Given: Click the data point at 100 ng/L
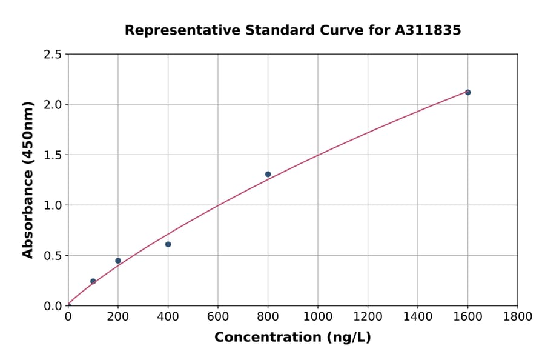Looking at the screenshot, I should (x=93, y=281).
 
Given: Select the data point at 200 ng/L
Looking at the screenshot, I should (x=118, y=261).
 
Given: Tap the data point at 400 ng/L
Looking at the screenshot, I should (x=168, y=244).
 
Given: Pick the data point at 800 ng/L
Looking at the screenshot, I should (x=268, y=175).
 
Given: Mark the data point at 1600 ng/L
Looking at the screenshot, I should (x=467, y=92).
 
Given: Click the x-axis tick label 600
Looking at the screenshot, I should (x=218, y=317).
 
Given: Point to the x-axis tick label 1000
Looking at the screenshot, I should (x=318, y=317).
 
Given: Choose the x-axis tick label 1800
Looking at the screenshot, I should (x=518, y=317).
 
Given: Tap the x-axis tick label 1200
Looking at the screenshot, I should (x=368, y=317).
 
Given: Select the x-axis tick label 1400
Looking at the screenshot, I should (x=418, y=317).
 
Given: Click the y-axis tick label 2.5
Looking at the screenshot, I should (x=53, y=55).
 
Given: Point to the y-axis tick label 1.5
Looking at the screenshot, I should (x=53, y=155).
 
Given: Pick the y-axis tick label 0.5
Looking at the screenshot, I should (x=53, y=256).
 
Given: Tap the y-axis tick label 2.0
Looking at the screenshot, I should (x=53, y=105).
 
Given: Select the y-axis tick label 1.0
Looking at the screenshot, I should (x=53, y=205).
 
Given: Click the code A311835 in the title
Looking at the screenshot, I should (x=428, y=30).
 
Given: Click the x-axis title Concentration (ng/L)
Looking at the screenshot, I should (x=292, y=338).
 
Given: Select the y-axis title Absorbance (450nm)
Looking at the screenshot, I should (x=28, y=179).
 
